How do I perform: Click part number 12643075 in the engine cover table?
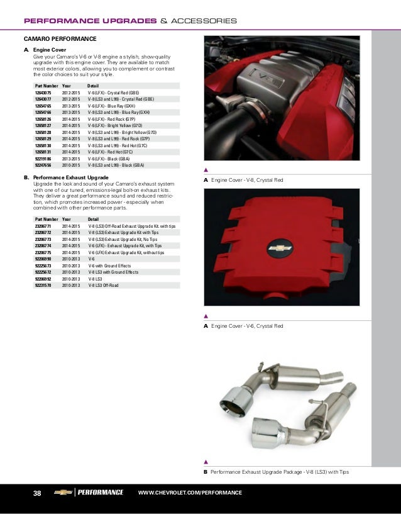click(x=43, y=92)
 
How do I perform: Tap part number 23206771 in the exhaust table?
click(x=43, y=225)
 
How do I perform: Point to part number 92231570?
click(x=43, y=285)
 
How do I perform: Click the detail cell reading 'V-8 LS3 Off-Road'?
click(x=103, y=285)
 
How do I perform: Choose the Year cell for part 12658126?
click(x=70, y=119)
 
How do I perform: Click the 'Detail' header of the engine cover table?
click(x=93, y=85)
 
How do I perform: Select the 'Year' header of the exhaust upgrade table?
click(x=67, y=218)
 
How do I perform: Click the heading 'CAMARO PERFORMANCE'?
click(x=60, y=39)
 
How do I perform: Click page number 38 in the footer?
click(x=36, y=493)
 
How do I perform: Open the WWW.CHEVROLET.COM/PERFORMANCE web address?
click(x=189, y=493)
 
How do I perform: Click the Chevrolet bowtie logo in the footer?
click(x=63, y=492)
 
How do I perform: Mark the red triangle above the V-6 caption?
click(x=206, y=316)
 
